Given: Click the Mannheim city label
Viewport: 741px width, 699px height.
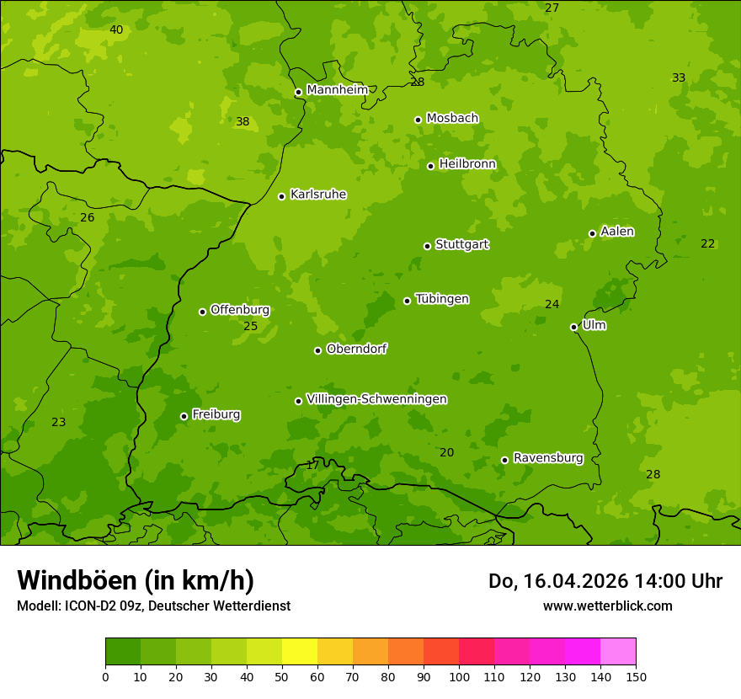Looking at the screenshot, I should (337, 90).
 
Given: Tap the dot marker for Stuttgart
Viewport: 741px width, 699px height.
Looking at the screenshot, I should (427, 246).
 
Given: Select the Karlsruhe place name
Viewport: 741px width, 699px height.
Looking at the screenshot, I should (317, 195).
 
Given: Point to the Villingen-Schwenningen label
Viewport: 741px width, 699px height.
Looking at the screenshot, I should (376, 399).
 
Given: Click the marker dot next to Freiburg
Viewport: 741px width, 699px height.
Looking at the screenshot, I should (184, 416).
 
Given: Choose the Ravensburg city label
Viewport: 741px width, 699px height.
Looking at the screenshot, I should (547, 458).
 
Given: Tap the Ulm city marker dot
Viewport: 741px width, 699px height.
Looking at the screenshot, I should (573, 327).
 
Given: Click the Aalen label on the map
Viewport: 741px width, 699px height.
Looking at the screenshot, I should (616, 232).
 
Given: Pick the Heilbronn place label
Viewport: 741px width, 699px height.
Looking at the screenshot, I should (467, 164).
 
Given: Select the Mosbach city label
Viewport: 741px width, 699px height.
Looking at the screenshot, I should (452, 119).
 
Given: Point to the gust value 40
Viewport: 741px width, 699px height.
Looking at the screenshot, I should (116, 30).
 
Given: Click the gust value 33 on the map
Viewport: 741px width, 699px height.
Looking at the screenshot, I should (679, 78).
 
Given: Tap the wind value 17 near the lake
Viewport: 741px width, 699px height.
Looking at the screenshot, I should (312, 465).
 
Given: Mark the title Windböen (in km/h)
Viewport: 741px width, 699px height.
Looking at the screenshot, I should (136, 580).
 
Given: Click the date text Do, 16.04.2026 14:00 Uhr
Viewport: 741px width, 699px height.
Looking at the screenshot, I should (605, 581).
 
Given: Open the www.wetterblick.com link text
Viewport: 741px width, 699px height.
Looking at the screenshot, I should (607, 606).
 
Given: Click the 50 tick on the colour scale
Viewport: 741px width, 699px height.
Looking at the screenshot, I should (282, 676).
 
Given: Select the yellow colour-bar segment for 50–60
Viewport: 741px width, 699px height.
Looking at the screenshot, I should (300, 652).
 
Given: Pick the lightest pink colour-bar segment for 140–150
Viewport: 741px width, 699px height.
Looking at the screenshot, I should (618, 652).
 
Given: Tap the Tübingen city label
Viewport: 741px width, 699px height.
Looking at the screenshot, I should (441, 299).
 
